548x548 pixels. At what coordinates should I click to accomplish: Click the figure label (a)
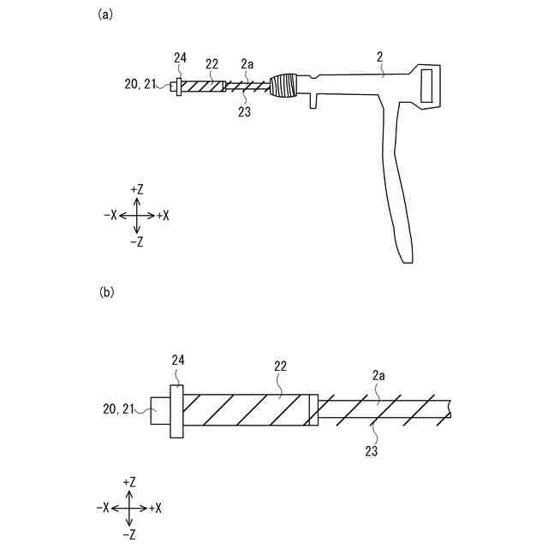pyautogui.click(x=106, y=14)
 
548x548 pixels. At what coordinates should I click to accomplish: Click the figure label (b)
pyautogui.click(x=106, y=292)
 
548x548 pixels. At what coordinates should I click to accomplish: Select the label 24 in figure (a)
pyautogui.click(x=180, y=57)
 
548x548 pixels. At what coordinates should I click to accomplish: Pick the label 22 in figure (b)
pyautogui.click(x=280, y=366)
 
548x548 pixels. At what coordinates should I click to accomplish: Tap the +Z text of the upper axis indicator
pyautogui.click(x=138, y=188)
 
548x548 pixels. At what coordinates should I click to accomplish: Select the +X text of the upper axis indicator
pyautogui.click(x=163, y=216)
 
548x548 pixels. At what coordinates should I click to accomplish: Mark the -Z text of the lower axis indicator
pyautogui.click(x=129, y=534)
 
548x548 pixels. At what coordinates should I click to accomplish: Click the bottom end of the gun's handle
pyautogui.click(x=406, y=256)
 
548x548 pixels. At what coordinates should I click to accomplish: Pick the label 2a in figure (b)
pyautogui.click(x=378, y=374)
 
